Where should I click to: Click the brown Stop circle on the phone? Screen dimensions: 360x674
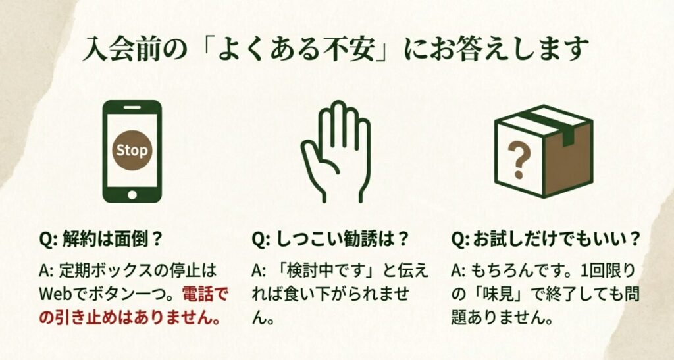pos(132,150)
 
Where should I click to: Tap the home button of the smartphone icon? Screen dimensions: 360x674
pos(132,194)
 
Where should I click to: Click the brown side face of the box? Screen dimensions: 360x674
pos(567,159)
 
